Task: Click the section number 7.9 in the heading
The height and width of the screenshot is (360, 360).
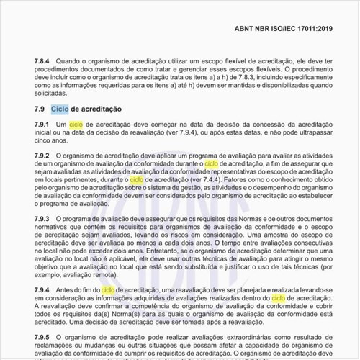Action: [40, 109]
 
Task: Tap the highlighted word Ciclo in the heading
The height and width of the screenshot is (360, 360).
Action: [60, 109]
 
